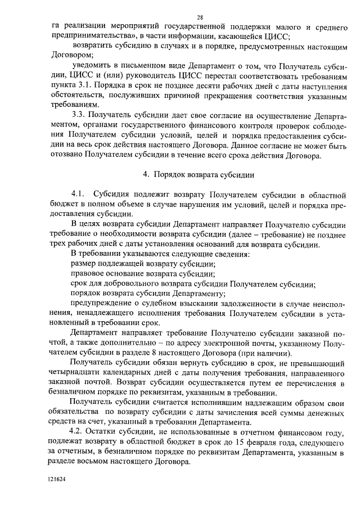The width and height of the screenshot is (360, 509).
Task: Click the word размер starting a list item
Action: [x=83, y=264]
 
